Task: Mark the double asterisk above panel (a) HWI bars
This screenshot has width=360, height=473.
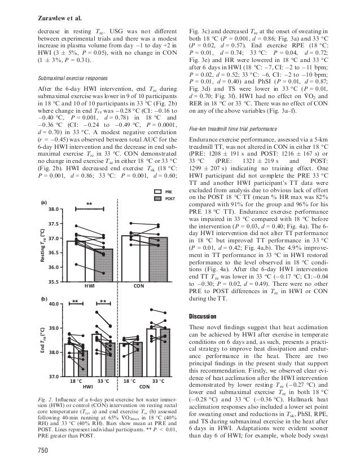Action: [x=89, y=204]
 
